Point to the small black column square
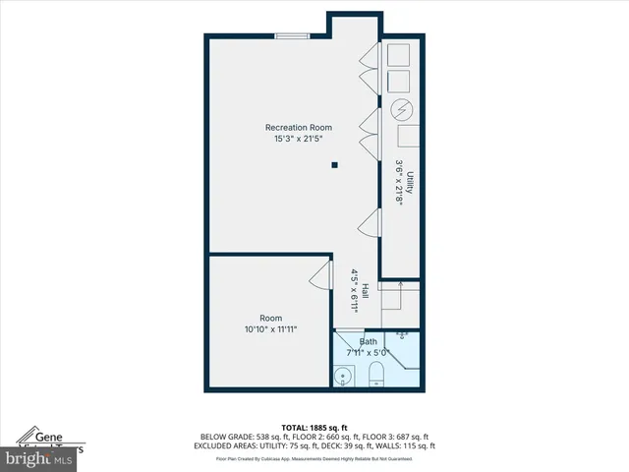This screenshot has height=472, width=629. (x=334, y=164)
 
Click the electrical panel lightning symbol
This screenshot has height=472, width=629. (x=400, y=109)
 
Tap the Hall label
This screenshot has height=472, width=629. (x=365, y=292)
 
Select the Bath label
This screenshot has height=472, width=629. (x=368, y=342)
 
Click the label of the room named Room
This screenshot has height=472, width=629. (x=270, y=318)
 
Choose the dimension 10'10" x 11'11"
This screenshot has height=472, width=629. (x=270, y=329)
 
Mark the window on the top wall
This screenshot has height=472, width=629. (x=291, y=37)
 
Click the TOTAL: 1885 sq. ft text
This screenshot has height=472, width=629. (x=314, y=428)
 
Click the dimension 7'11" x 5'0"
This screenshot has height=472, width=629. (x=368, y=352)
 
